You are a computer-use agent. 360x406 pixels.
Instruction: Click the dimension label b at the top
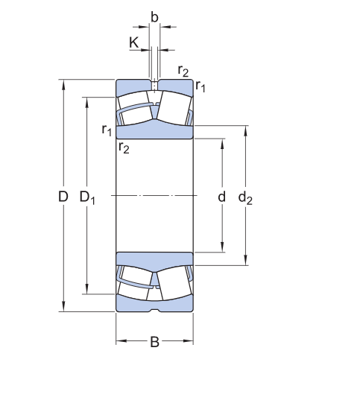(154, 17)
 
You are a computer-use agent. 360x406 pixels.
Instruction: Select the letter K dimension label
(134, 42)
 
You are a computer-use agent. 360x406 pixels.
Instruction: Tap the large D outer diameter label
(63, 197)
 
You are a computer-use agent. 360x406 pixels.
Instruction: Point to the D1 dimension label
(87, 197)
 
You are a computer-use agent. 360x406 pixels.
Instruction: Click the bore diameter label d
(221, 197)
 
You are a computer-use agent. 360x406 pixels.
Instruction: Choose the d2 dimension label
(245, 198)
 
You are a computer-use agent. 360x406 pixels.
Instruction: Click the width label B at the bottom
(154, 342)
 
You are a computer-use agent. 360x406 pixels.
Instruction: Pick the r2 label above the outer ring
(183, 71)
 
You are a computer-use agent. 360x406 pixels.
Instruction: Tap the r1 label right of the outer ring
(200, 86)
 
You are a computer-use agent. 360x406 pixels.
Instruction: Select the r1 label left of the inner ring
(107, 130)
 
